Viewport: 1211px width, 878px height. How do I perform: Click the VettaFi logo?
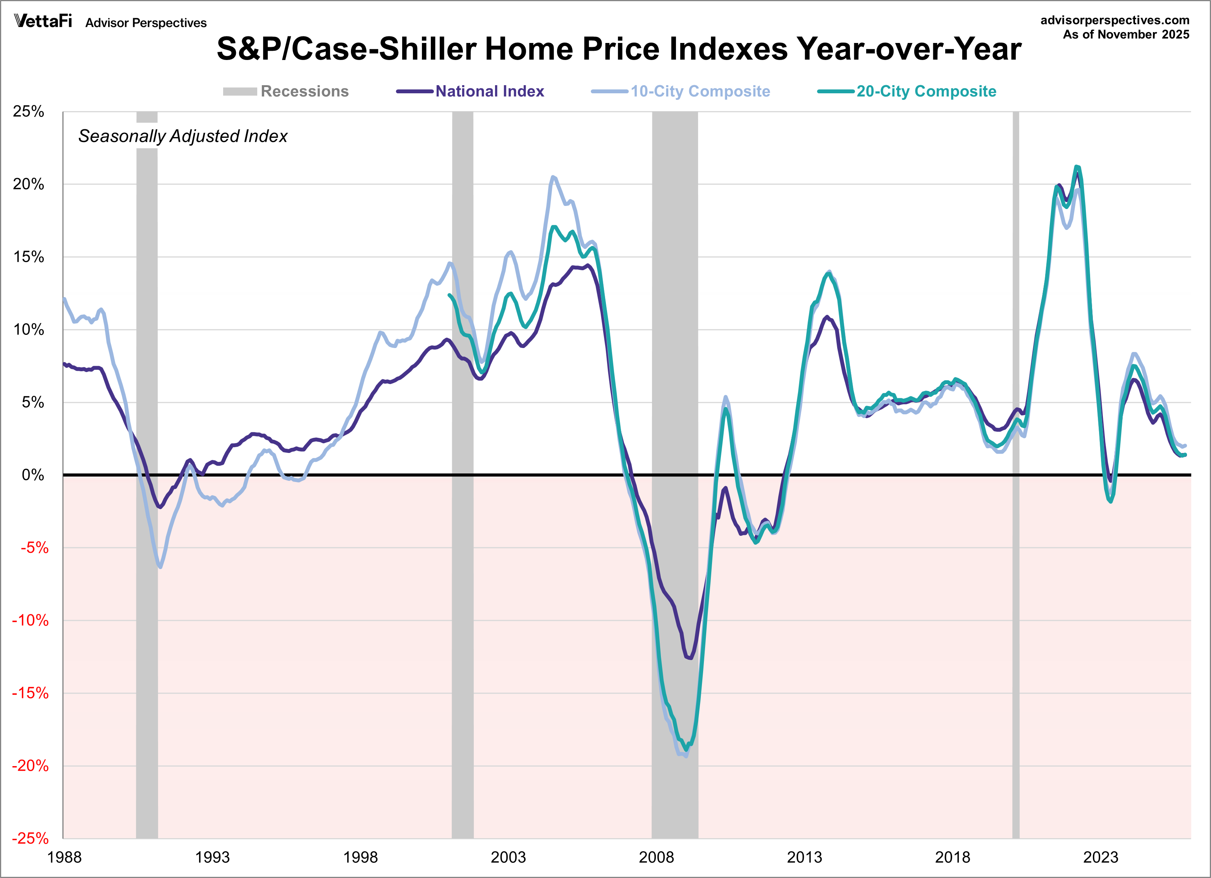click(x=43, y=21)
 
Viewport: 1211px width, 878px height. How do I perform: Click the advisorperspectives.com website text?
click(x=1115, y=20)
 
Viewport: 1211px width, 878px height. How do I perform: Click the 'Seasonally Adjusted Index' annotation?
click(x=182, y=136)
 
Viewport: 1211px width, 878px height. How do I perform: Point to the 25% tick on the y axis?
click(x=28, y=111)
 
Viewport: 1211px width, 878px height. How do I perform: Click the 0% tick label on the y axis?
click(x=33, y=475)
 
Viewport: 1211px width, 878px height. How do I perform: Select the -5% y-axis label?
click(x=34, y=548)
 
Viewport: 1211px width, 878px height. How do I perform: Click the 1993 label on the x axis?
click(x=212, y=857)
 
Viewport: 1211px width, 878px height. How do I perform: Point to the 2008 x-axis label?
click(x=656, y=857)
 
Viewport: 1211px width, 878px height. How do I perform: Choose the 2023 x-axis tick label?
click(x=1101, y=857)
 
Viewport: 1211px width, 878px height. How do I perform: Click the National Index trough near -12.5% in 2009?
click(x=690, y=658)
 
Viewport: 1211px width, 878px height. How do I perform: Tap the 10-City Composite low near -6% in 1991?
click(x=160, y=567)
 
